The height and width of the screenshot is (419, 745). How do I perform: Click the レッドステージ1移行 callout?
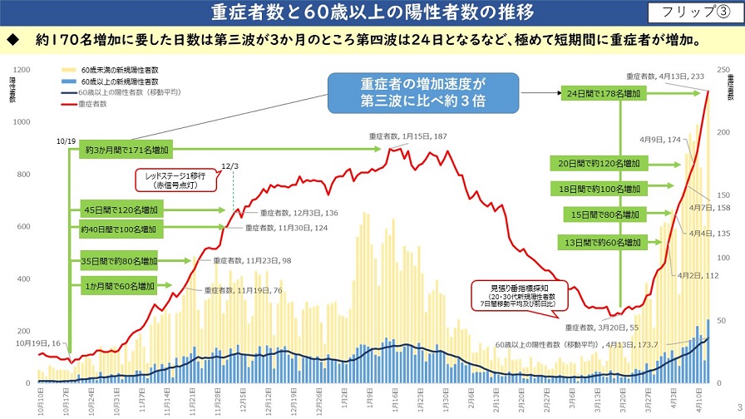178,180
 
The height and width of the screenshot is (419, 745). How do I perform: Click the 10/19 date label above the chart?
67,141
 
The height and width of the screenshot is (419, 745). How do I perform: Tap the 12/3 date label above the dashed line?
231,166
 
